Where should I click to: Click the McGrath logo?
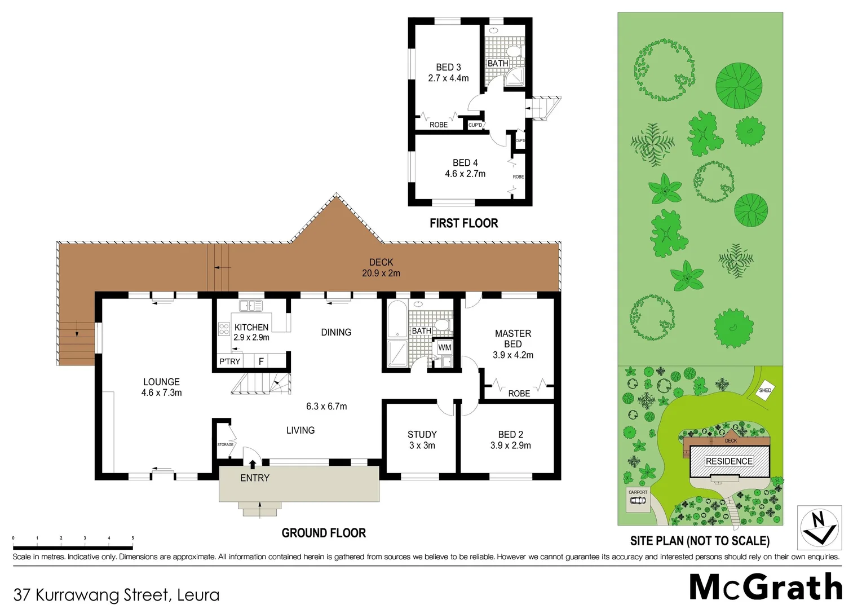pyautogui.click(x=766, y=588)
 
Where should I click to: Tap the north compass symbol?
pyautogui.click(x=819, y=528)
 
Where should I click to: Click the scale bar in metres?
pyautogui.click(x=73, y=546)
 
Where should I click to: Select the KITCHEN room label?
pyautogui.click(x=251, y=328)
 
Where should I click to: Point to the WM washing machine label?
pyautogui.click(x=444, y=348)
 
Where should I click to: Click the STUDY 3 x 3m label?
pyautogui.click(x=422, y=440)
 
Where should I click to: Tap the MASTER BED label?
pyautogui.click(x=512, y=339)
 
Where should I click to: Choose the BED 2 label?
pyautogui.click(x=510, y=440)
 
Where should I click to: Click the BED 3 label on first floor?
pyautogui.click(x=448, y=73)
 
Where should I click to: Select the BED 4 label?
pyautogui.click(x=465, y=168)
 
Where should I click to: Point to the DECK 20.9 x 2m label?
pyautogui.click(x=381, y=268)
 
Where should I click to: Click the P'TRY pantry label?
pyautogui.click(x=230, y=361)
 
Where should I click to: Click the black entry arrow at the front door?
pyautogui.click(x=253, y=464)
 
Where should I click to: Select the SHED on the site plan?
pyautogui.click(x=764, y=391)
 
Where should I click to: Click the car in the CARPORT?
pyautogui.click(x=638, y=501)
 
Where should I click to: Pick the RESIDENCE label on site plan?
pyautogui.click(x=729, y=461)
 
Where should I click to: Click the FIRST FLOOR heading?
pyautogui.click(x=463, y=223)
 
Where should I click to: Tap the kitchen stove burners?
pyautogui.click(x=224, y=329)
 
